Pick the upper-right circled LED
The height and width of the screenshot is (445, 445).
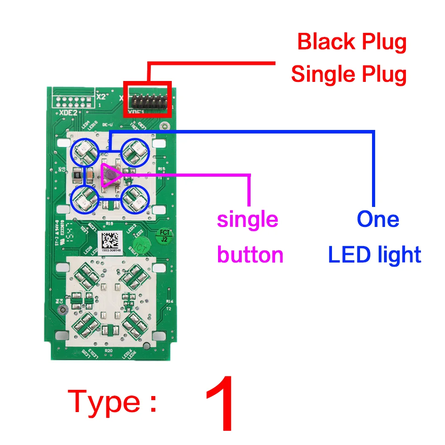135,153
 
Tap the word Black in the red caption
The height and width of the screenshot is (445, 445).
322,42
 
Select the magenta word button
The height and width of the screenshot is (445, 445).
250,255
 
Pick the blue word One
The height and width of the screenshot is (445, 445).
378,219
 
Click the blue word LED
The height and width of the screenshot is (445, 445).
347,255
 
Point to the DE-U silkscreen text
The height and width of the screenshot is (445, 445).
107,125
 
